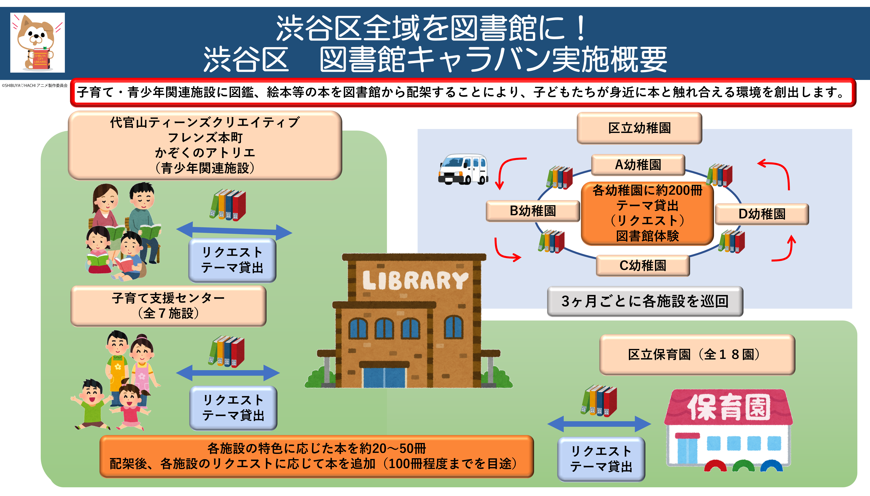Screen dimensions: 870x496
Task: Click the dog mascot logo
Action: point(37,43)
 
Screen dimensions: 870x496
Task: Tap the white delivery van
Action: point(463,169)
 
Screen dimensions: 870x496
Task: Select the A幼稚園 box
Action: point(638,165)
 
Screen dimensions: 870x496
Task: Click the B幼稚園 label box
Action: point(533,211)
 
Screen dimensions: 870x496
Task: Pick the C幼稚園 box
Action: point(643,265)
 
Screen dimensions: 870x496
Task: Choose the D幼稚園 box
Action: point(762,214)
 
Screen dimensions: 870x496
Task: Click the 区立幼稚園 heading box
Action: point(639,128)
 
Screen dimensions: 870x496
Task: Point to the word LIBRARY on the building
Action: point(415,280)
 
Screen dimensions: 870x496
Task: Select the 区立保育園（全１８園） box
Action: point(697,355)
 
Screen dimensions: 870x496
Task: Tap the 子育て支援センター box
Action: point(168,305)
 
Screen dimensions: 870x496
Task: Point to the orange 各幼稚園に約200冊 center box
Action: point(647,213)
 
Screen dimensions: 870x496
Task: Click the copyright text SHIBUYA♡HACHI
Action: point(35,85)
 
